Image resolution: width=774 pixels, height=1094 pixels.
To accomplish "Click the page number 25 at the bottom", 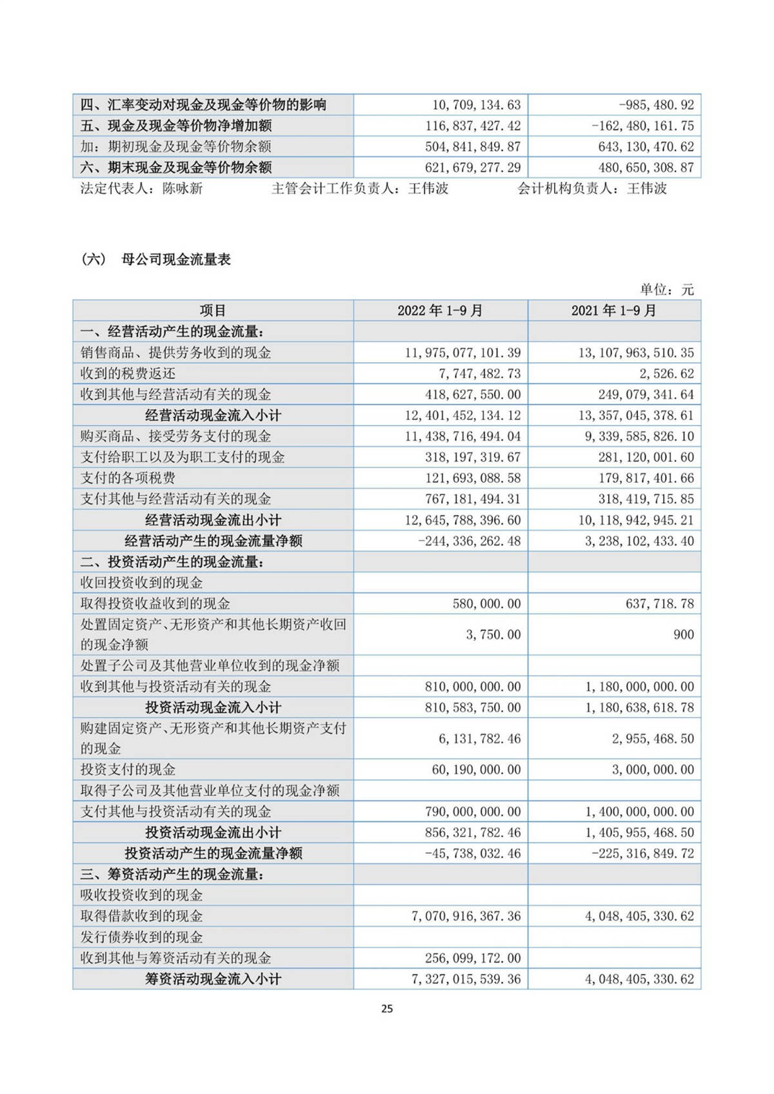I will [387, 1009].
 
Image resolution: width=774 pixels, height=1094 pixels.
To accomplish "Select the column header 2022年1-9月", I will [440, 311].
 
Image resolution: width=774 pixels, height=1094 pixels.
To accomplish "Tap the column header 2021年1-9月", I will [613, 311].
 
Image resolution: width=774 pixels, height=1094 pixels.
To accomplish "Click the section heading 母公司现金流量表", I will [176, 260].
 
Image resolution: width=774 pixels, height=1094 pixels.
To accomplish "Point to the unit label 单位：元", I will [667, 290].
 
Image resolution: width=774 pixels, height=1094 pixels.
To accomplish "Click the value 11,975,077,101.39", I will [462, 353].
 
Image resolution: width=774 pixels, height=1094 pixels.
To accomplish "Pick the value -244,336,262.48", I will [470, 541].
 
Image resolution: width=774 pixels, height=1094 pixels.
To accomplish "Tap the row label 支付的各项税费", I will [128, 478].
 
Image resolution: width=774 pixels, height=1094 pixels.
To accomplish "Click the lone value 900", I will [683, 634].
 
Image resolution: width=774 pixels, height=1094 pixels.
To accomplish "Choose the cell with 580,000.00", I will [486, 604].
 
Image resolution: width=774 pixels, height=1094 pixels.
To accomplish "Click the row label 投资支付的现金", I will [128, 770].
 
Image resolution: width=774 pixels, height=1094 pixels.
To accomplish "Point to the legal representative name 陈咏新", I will [183, 188].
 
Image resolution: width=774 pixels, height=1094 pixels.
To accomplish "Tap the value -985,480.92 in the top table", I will [656, 105].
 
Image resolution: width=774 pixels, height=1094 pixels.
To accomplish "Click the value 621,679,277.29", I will [473, 168].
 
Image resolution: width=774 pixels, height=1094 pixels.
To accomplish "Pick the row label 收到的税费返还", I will [128, 374].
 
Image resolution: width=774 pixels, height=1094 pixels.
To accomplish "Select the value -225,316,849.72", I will [643, 854].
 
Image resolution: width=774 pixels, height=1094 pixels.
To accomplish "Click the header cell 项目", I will [213, 311].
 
